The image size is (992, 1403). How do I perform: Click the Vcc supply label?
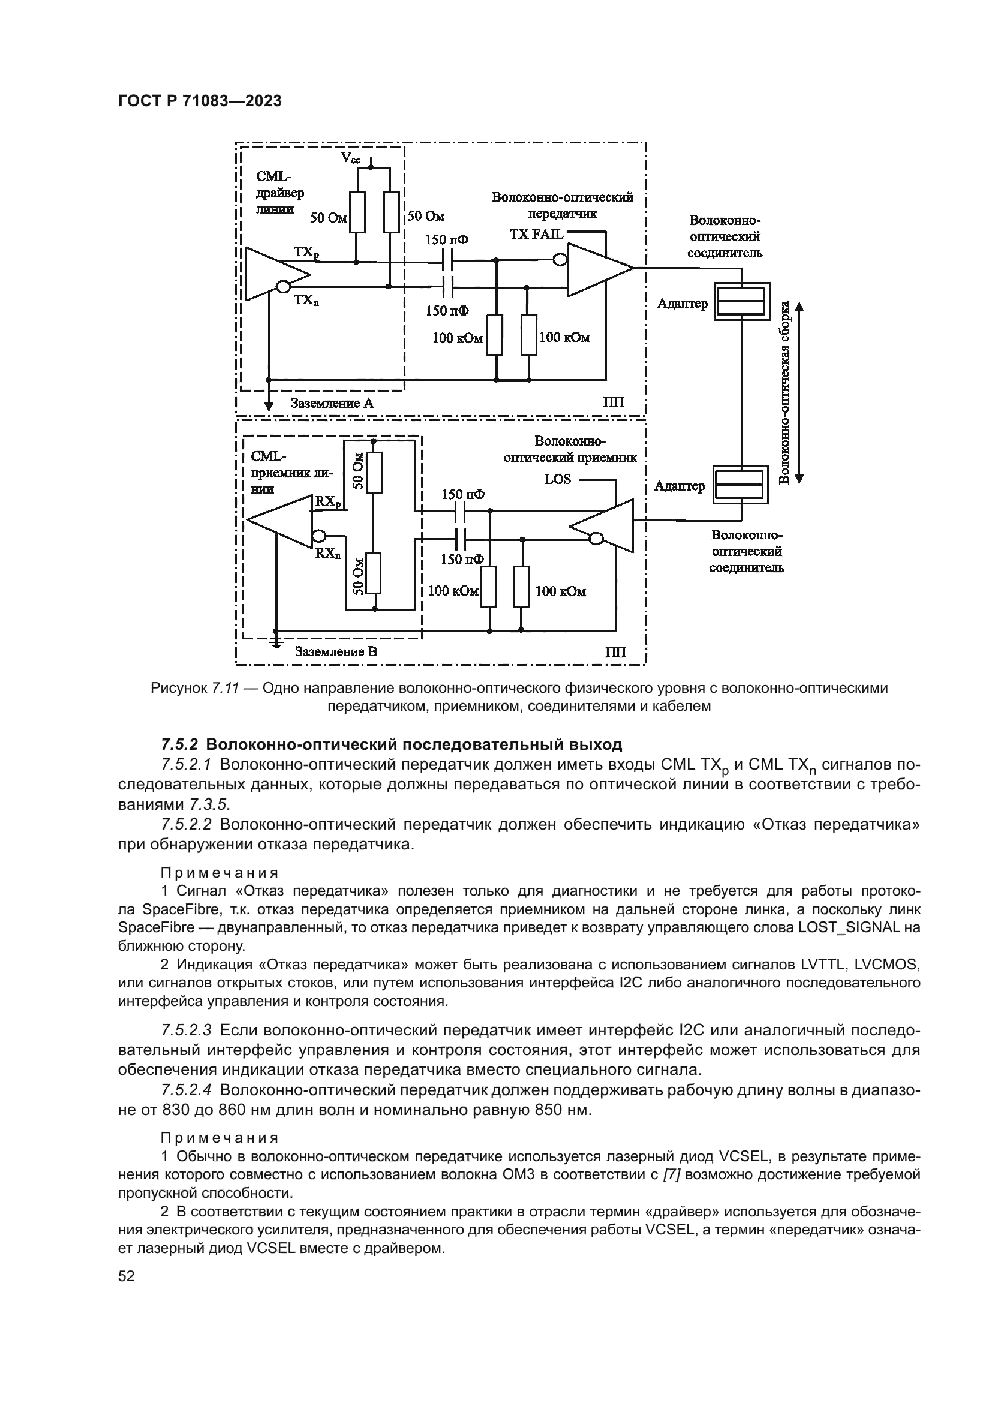tap(351, 158)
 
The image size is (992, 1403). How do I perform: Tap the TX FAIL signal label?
tap(536, 234)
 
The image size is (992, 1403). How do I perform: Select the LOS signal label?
tap(557, 479)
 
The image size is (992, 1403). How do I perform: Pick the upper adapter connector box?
tap(740, 301)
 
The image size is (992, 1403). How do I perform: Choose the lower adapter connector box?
tap(740, 485)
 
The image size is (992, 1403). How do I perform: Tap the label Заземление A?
tap(332, 403)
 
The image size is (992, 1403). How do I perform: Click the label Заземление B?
tap(336, 651)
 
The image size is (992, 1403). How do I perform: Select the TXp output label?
tap(306, 252)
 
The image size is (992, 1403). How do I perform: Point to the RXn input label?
tap(328, 553)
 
